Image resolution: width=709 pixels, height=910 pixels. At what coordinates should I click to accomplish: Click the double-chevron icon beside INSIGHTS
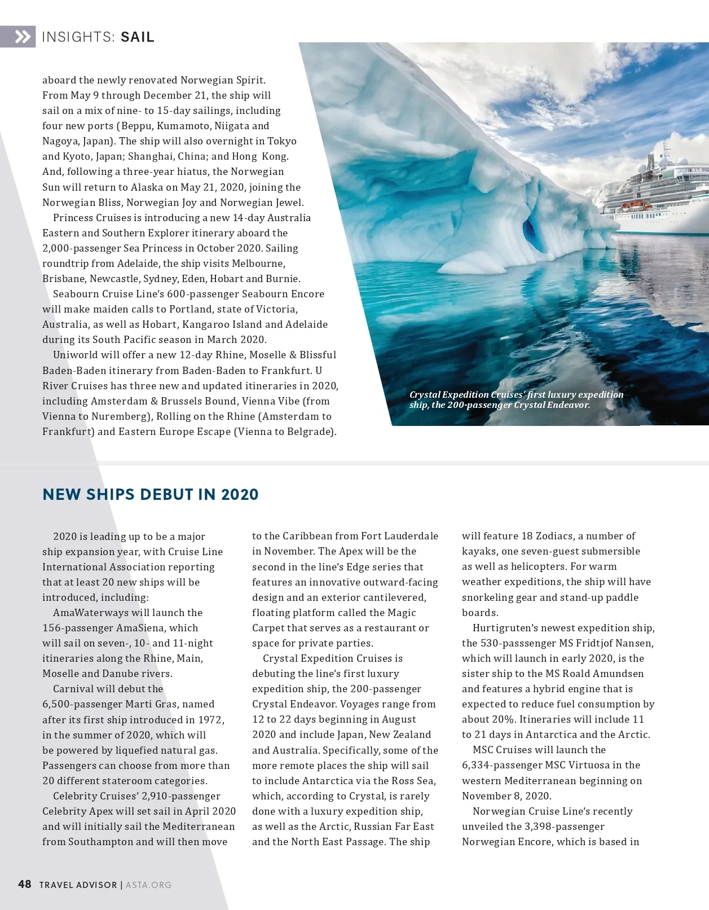coord(23,37)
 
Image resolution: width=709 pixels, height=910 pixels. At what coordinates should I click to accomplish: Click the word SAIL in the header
coord(137,37)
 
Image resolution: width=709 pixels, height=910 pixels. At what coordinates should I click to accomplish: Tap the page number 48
coord(25,884)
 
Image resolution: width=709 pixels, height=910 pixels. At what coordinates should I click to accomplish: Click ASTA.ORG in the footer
coord(148,885)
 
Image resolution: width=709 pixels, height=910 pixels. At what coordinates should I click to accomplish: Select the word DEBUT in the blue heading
coord(166,494)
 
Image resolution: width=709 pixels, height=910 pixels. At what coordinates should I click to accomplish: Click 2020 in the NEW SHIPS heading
coord(240,494)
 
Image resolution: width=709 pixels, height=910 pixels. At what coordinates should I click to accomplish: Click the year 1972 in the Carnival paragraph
coord(211,720)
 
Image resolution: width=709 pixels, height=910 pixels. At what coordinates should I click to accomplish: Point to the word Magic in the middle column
coord(400,613)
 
